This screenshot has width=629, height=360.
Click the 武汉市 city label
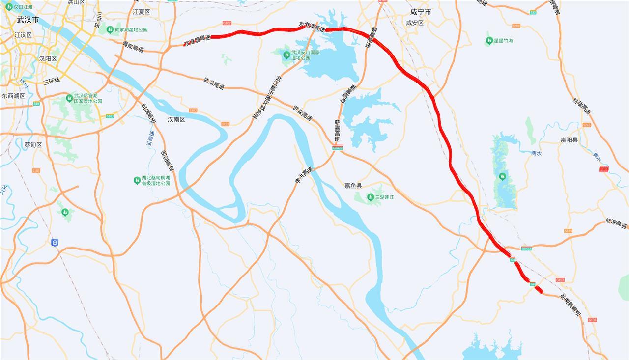tap(28, 20)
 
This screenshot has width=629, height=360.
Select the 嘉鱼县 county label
tap(353, 186)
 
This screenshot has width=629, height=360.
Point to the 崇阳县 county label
tap(569, 140)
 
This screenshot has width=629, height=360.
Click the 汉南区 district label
tap(176, 119)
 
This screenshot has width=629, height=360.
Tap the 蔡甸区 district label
tap(33, 145)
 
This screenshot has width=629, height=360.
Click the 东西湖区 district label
tap(13, 96)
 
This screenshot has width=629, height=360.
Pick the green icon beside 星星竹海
tap(489, 40)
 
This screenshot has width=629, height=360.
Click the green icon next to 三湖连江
tap(371, 197)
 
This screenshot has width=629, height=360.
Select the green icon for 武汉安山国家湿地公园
tap(286, 55)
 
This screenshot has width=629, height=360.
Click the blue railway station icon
tap(55, 242)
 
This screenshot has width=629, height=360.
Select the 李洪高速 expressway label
tap(304, 175)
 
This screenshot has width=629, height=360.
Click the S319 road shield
tap(568, 231)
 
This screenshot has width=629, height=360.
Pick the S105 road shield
tap(36, 170)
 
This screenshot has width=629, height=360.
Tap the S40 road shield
tap(36, 104)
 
